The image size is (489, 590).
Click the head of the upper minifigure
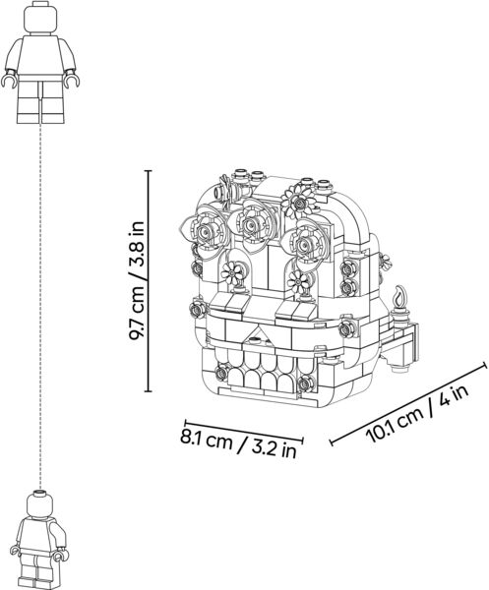41,18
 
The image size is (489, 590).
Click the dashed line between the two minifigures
40,306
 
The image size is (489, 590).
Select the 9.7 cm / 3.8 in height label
137,280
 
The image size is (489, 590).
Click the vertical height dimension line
149,280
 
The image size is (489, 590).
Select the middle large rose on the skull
250,225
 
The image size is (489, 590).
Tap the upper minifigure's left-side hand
9,79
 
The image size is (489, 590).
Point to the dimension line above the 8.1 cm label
244,430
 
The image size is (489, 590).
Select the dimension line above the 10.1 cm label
408,403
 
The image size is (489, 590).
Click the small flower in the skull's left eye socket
231,272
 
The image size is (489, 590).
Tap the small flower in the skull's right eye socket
298,281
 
